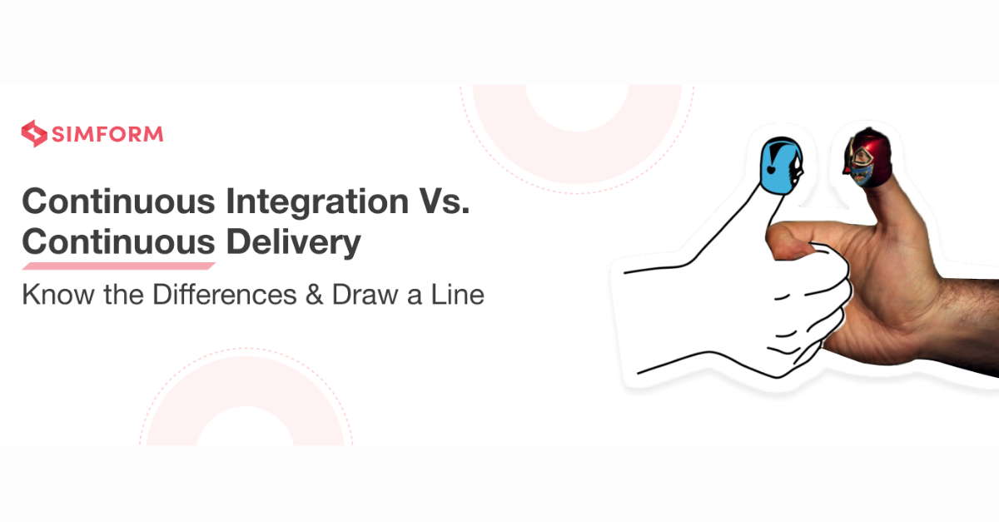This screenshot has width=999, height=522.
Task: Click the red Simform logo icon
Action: point(34,133)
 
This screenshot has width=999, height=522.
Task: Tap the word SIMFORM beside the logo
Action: point(106,134)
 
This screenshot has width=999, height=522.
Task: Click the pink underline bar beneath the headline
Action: point(118,266)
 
